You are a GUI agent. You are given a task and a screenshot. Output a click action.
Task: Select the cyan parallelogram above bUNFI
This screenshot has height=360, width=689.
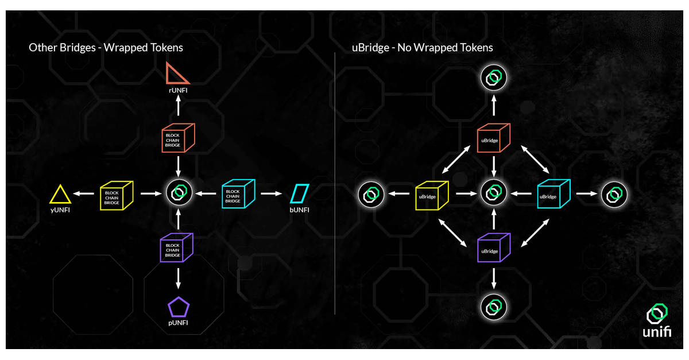[x=299, y=193]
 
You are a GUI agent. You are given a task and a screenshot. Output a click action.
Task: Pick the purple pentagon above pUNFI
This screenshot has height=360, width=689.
[x=179, y=307]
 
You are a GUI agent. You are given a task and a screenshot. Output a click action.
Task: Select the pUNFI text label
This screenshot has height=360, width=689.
[x=179, y=323]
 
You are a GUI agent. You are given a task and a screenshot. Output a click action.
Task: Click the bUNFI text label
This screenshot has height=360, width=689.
[x=299, y=210]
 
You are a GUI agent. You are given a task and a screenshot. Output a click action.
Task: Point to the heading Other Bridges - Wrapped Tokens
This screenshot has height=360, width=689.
[x=106, y=48]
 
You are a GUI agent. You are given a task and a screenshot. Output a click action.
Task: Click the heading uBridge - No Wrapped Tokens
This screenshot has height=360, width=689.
[x=422, y=48]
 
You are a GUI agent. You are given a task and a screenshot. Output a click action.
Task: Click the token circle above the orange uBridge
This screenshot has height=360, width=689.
[x=493, y=78]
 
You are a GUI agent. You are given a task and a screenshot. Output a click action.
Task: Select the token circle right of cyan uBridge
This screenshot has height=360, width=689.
[x=614, y=195]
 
